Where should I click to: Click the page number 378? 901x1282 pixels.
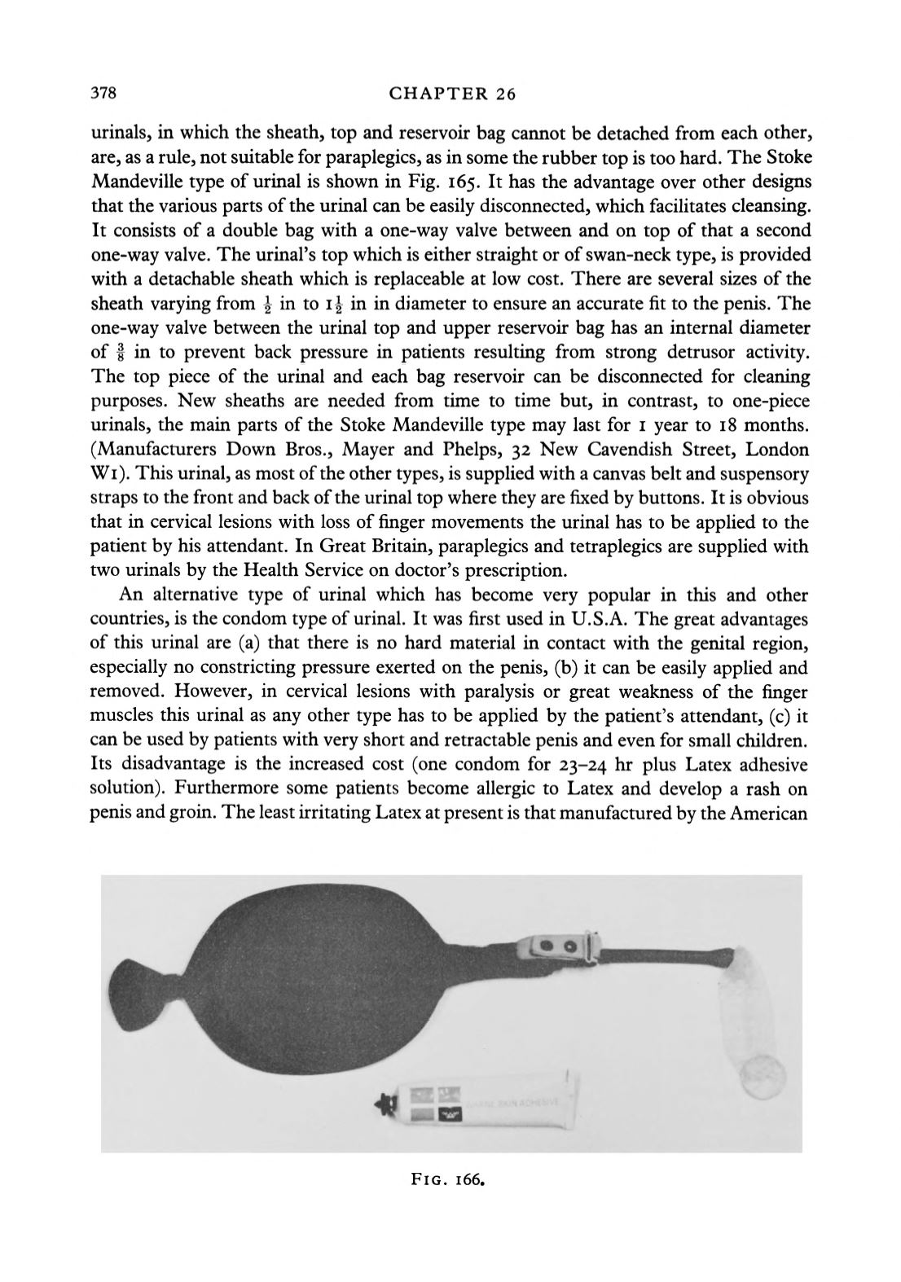104,93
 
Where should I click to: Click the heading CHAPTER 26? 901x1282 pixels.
452,94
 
